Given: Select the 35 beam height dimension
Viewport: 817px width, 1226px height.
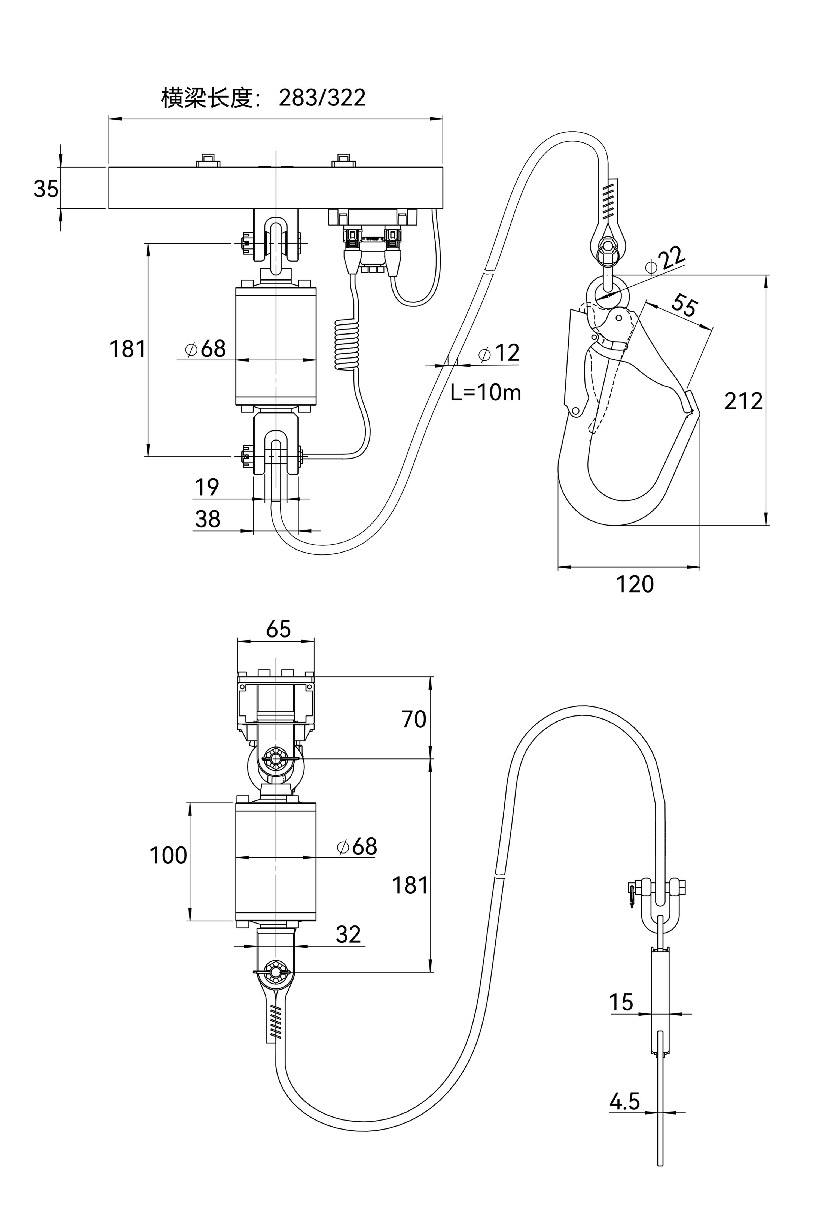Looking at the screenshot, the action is tap(46, 189).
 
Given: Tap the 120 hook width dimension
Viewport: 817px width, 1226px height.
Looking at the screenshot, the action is tap(635, 584).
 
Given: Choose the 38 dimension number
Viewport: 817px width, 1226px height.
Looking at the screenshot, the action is tap(207, 519).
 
